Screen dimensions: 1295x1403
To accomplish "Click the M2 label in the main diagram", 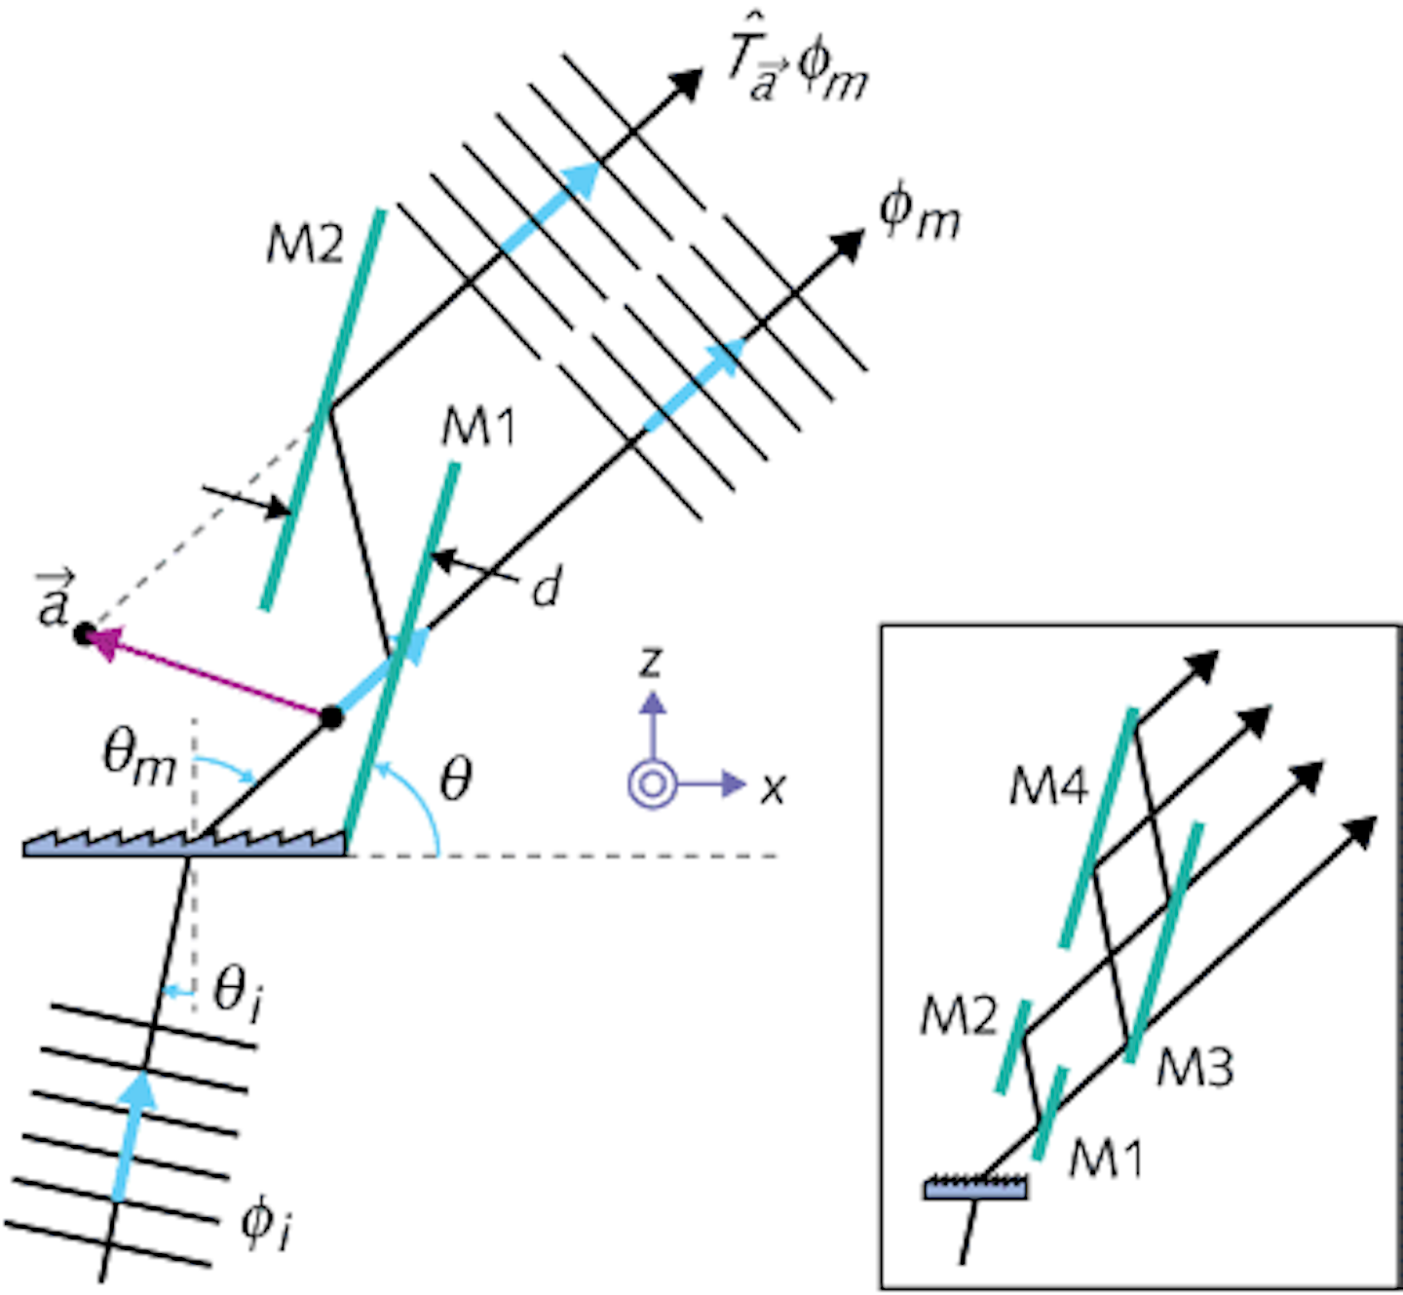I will pyautogui.click(x=305, y=245).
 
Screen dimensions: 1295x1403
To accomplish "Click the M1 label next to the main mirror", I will pyautogui.click(x=478, y=428).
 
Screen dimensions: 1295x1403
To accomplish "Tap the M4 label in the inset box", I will pyautogui.click(x=1048, y=785).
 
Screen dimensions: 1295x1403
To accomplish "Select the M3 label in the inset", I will pyautogui.click(x=1195, y=1067).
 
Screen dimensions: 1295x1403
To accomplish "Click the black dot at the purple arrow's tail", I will pyautogui.click(x=332, y=718).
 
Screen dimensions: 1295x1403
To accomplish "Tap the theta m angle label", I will pyautogui.click(x=139, y=758).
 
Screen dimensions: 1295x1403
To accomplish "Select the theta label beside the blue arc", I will pyautogui.click(x=456, y=779).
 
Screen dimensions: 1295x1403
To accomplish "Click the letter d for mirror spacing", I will pyautogui.click(x=548, y=589).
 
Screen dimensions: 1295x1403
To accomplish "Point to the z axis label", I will pyautogui.click(x=651, y=662).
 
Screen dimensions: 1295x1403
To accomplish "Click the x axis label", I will pyautogui.click(x=773, y=786).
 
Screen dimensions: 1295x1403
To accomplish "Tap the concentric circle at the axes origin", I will pyautogui.click(x=652, y=783).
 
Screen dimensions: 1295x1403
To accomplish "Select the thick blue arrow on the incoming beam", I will pyautogui.click(x=132, y=1135).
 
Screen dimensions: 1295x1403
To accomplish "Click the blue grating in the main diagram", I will pyautogui.click(x=185, y=845).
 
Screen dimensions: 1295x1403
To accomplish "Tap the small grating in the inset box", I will pyautogui.click(x=975, y=1187).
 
